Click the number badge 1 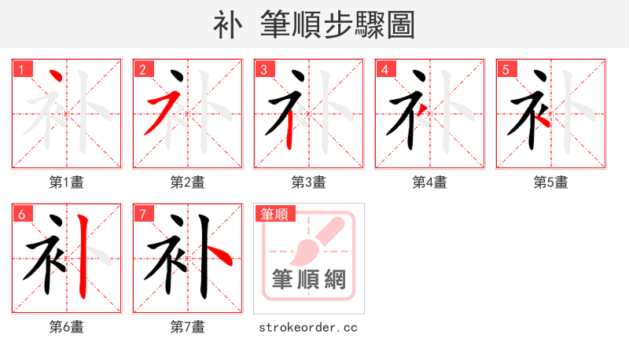(22, 69)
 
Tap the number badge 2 (142, 69)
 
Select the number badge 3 (263, 69)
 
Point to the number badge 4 (384, 69)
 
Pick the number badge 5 (506, 69)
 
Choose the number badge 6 (22, 214)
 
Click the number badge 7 (142, 214)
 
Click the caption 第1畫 (67, 182)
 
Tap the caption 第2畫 (188, 182)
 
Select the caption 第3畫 (309, 182)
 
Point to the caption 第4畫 (430, 182)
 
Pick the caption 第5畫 (551, 182)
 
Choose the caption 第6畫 (67, 327)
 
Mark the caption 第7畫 (188, 327)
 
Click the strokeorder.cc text (308, 327)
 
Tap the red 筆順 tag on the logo (274, 214)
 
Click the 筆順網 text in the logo (309, 280)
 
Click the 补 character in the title (227, 25)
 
